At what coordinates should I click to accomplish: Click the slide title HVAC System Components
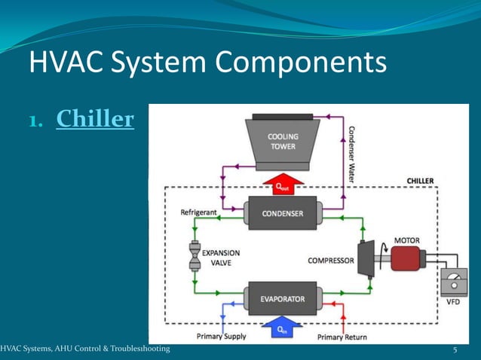pyautogui.click(x=207, y=63)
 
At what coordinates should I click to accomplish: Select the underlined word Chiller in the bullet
pyautogui.click(x=95, y=119)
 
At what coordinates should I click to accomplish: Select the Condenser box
pyautogui.click(x=283, y=213)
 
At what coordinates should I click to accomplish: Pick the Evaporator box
pyautogui.click(x=283, y=299)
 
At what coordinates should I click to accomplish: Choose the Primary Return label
pyautogui.click(x=342, y=337)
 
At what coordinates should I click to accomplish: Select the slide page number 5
pyautogui.click(x=455, y=350)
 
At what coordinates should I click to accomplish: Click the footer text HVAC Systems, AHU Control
pyautogui.click(x=85, y=349)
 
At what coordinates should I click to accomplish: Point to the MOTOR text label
pyautogui.click(x=407, y=240)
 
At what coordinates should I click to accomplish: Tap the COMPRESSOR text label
pyautogui.click(x=330, y=261)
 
